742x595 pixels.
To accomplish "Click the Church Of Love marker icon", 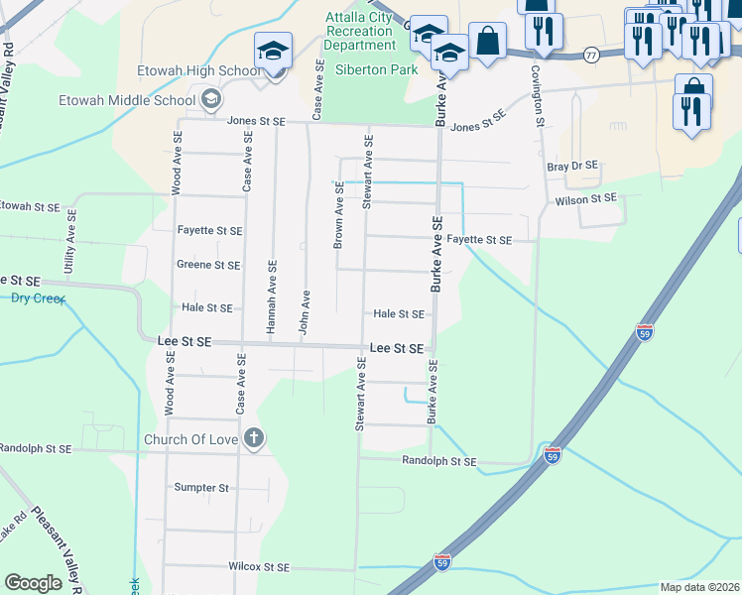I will [x=254, y=438].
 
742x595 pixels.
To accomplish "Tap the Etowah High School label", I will [x=200, y=71].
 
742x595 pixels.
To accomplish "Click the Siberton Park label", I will [x=377, y=70].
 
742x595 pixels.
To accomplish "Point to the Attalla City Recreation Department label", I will [x=359, y=32].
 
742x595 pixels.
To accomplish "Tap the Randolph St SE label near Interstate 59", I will [x=438, y=462].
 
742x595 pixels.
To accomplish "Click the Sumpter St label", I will [x=201, y=488].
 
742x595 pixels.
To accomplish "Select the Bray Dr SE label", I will [x=573, y=166].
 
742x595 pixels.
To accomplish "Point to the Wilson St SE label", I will [x=586, y=199].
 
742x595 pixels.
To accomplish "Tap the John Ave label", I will [x=306, y=312].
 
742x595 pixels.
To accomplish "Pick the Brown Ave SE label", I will [x=338, y=215].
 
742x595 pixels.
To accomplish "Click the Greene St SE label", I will [x=208, y=265].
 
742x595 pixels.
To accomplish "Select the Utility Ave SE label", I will [x=69, y=249].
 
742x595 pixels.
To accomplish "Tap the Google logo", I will [x=33, y=583].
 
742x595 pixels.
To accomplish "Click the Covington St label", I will [x=538, y=97].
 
